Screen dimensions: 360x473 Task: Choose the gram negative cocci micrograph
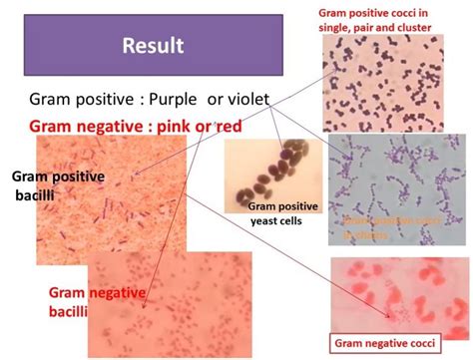click(400, 289)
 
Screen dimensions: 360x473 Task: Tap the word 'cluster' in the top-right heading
click(410, 28)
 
